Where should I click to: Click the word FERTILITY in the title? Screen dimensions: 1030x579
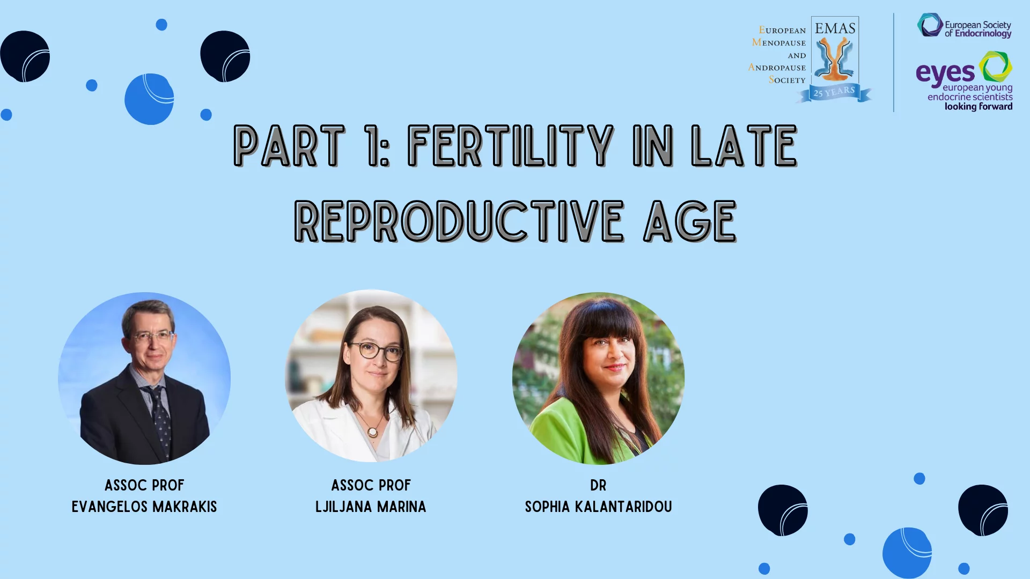tap(510, 146)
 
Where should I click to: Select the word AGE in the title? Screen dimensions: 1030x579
tap(690, 221)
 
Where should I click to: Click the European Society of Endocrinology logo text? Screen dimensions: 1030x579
tap(977, 29)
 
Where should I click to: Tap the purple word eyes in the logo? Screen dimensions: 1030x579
tap(945, 73)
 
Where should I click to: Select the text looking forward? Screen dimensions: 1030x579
tap(979, 107)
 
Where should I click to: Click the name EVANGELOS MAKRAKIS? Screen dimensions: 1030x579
tap(144, 507)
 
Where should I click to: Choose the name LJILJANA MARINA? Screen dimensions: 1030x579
tap(371, 507)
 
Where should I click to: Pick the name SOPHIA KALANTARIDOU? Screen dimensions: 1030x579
tap(598, 507)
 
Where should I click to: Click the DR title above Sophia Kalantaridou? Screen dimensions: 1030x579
tap(598, 485)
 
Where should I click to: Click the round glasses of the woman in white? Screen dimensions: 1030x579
tap(377, 352)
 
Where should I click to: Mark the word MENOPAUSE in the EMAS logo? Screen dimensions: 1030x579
tap(779, 42)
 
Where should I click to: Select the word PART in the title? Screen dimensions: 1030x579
tap(289, 146)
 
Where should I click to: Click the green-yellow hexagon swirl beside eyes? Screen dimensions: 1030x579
tap(996, 66)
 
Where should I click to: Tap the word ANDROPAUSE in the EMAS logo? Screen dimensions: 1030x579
tap(777, 67)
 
